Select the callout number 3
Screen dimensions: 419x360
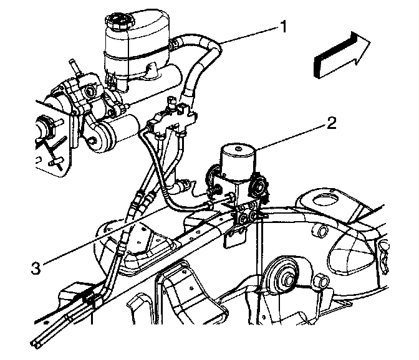tap(38, 268)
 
